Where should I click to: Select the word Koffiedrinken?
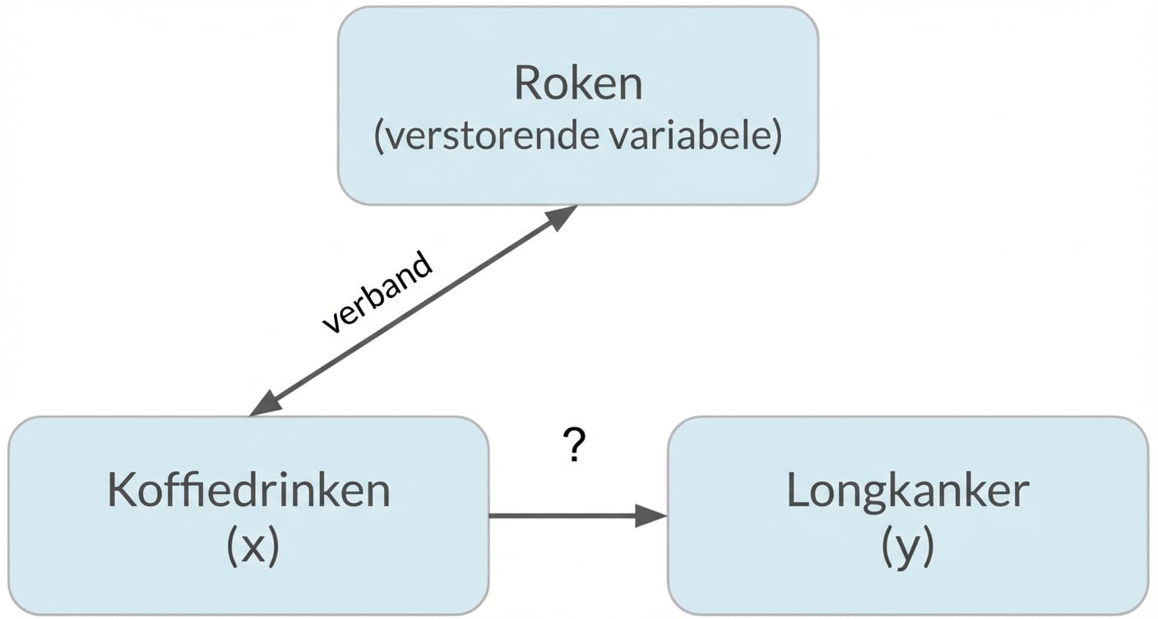click(x=248, y=491)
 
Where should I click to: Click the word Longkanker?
click(x=907, y=491)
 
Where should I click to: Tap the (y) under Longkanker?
click(x=907, y=547)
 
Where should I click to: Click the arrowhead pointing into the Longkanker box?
click(x=651, y=516)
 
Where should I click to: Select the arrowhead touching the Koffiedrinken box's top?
click(x=265, y=405)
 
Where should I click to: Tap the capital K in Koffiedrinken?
click(x=120, y=491)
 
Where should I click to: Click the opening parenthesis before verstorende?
click(x=379, y=137)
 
